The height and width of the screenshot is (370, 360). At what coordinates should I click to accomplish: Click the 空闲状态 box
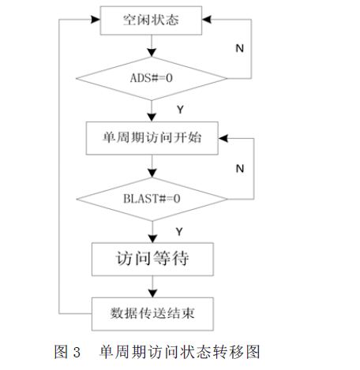click(151, 21)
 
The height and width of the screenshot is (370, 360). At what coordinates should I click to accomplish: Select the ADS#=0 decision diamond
click(152, 78)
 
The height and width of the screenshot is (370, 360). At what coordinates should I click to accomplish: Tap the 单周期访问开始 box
click(152, 138)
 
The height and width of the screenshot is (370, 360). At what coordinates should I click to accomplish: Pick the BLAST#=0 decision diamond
click(152, 199)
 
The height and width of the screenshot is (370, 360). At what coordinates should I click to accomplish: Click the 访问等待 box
click(152, 259)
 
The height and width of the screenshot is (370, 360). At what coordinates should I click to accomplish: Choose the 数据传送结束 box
click(152, 314)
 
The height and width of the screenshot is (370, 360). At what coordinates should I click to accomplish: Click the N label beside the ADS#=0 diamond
click(239, 48)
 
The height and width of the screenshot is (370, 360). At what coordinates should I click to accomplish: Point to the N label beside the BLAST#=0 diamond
click(240, 169)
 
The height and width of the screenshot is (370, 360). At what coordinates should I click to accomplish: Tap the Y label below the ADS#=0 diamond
click(180, 110)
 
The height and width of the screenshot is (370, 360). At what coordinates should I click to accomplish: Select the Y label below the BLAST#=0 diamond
click(179, 232)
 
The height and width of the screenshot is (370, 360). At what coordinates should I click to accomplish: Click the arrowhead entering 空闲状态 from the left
click(96, 20)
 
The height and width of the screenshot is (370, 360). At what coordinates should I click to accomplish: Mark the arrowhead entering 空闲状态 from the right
click(207, 20)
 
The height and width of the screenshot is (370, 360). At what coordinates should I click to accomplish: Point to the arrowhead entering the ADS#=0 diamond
click(152, 52)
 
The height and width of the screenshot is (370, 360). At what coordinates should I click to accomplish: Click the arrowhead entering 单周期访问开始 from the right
click(223, 138)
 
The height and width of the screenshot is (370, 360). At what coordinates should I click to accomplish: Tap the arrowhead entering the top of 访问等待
click(152, 238)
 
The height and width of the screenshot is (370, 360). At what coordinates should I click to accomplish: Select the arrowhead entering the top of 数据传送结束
click(152, 293)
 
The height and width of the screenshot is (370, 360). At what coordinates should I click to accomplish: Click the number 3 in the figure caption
click(77, 352)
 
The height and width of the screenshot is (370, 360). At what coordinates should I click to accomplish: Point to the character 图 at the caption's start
click(61, 352)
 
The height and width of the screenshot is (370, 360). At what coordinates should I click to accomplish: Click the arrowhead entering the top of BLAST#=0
click(152, 173)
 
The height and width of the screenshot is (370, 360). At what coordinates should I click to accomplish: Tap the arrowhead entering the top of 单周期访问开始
click(152, 118)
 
